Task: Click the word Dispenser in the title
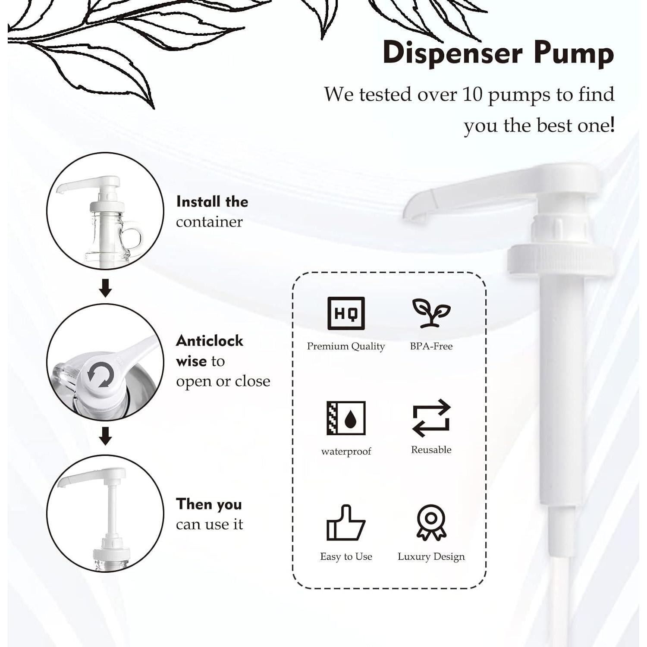(x=453, y=53)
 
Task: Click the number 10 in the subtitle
(x=472, y=94)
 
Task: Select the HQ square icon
(x=346, y=313)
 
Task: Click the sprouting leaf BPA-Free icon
(x=431, y=313)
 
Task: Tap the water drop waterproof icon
(x=346, y=418)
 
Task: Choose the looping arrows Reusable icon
(x=431, y=418)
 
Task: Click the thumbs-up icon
(x=345, y=523)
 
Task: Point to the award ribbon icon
(x=431, y=522)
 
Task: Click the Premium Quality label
(x=346, y=346)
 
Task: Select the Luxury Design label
(x=431, y=556)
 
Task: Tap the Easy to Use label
(x=346, y=556)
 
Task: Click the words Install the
(x=212, y=202)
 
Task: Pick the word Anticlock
(x=210, y=341)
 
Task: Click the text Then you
(x=209, y=504)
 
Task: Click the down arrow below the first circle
(x=105, y=288)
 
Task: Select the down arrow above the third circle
(x=105, y=436)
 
